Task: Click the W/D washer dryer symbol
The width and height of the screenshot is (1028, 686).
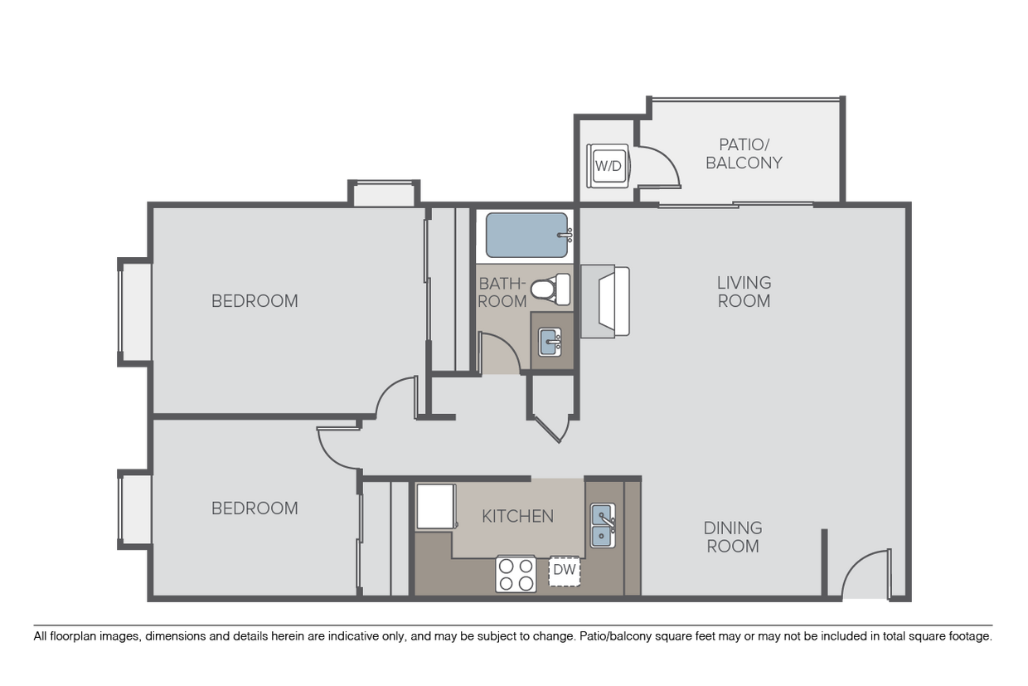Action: pyautogui.click(x=608, y=165)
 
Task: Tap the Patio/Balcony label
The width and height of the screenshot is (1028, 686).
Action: pyautogui.click(x=744, y=153)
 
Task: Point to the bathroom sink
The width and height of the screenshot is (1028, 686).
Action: pyautogui.click(x=550, y=341)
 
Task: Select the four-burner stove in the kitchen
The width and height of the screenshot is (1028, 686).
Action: pyautogui.click(x=516, y=574)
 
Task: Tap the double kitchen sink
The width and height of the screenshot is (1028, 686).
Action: pyautogui.click(x=603, y=526)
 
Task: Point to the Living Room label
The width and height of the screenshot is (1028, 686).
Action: pyautogui.click(x=744, y=292)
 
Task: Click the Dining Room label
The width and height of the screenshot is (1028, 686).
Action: pyautogui.click(x=733, y=537)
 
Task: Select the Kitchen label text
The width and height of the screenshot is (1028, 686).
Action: pyautogui.click(x=517, y=516)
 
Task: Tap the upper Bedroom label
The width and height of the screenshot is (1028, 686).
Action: pyautogui.click(x=255, y=301)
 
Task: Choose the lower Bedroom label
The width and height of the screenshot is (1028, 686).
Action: pyautogui.click(x=255, y=508)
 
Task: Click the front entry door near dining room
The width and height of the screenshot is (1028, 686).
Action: pyautogui.click(x=866, y=576)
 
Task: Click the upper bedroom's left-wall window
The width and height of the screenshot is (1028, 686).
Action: pyautogui.click(x=135, y=312)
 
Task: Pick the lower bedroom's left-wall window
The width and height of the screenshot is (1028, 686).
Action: pyautogui.click(x=135, y=509)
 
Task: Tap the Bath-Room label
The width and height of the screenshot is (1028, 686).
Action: pyautogui.click(x=502, y=292)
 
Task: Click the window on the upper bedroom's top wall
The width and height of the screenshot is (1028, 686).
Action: pyautogui.click(x=383, y=193)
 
